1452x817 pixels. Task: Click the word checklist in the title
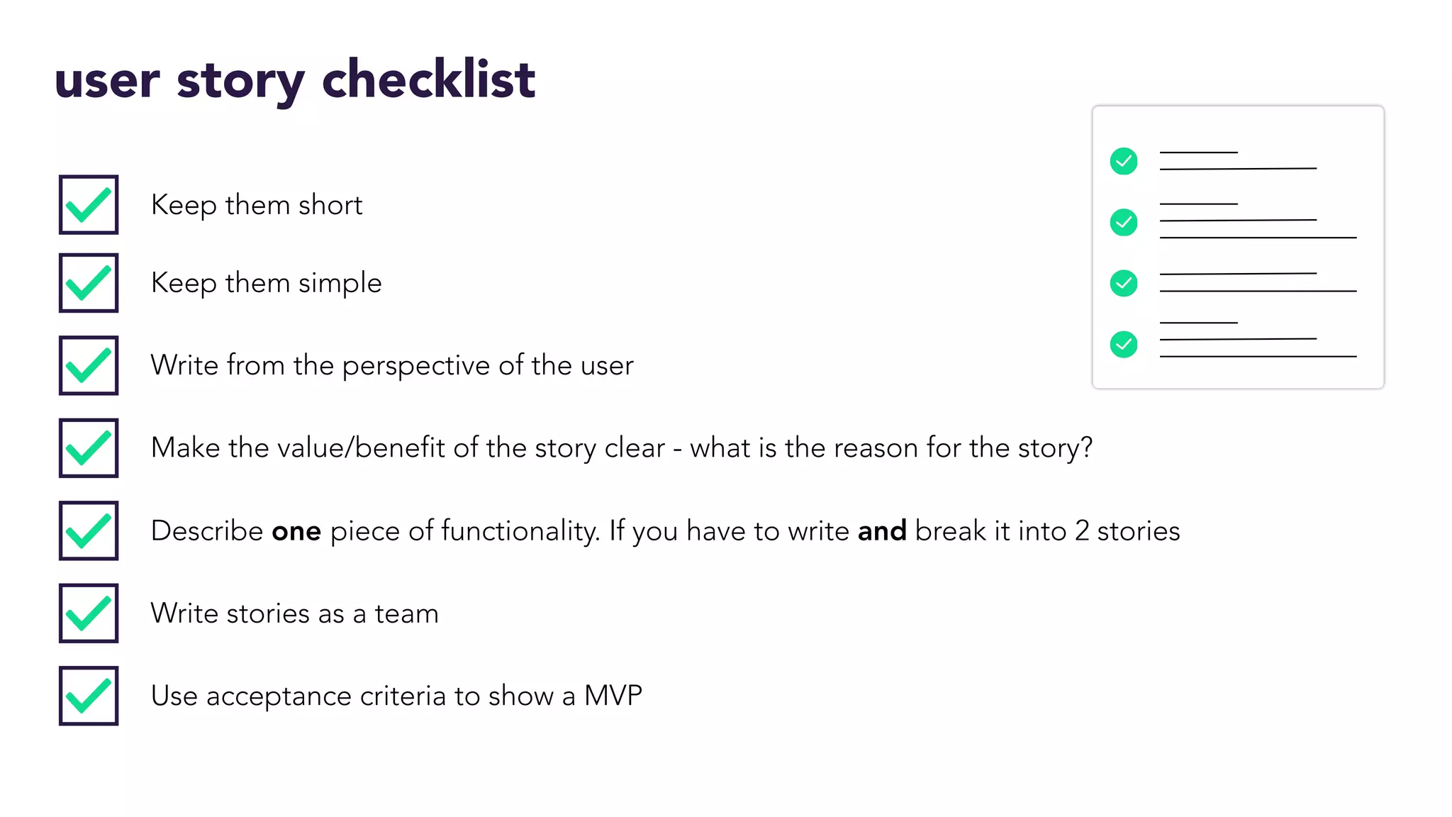(428, 79)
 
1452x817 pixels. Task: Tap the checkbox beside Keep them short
(89, 205)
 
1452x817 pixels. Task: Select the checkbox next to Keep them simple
(89, 283)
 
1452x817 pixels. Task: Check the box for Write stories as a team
(89, 613)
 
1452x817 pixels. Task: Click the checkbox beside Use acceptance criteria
(89, 696)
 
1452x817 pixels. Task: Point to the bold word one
(296, 531)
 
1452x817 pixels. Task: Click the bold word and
(882, 531)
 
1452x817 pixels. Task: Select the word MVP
(613, 696)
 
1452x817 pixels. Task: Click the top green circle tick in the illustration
(1124, 161)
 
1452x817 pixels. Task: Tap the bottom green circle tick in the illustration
(1124, 345)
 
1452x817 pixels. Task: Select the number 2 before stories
(1082, 531)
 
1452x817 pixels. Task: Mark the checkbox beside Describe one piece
(89, 530)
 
